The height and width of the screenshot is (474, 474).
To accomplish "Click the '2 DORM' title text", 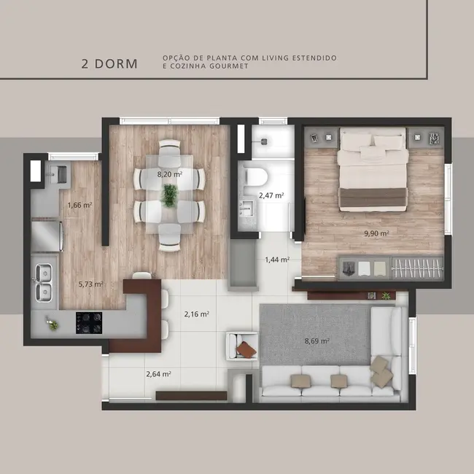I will tap(109, 63).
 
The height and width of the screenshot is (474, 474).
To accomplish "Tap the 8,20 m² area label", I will tap(170, 174).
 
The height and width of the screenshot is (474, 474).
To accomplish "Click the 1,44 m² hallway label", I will tap(277, 260).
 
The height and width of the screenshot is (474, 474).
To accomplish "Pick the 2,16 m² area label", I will tap(197, 314).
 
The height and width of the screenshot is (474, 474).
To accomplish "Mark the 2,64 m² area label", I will tap(158, 374).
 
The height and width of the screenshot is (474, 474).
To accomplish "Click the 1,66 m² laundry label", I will tap(79, 206).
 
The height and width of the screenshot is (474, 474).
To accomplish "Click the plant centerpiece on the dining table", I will tap(170, 195).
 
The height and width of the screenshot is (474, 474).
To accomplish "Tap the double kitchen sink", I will tap(44, 283).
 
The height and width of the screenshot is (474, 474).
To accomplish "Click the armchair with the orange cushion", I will tap(243, 346).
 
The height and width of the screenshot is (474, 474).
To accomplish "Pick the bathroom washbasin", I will tap(245, 211).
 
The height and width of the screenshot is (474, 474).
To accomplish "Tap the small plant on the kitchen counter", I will tap(53, 324).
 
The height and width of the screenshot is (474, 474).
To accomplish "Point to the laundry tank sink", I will tap(57, 173).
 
